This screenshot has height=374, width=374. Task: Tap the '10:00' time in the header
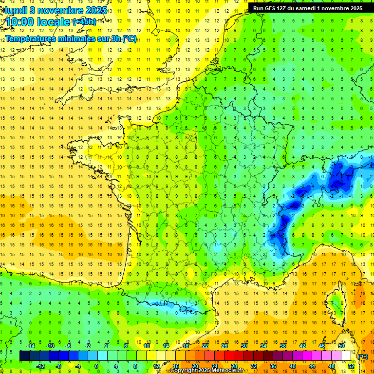coord(21,22)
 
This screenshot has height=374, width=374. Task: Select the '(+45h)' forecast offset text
coord(84,21)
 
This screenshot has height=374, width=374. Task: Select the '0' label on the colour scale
coord(96,366)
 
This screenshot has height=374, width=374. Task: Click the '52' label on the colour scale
coord(351,366)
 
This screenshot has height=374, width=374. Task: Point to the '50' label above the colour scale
coord(341,346)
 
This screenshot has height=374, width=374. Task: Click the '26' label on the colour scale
coord(224,346)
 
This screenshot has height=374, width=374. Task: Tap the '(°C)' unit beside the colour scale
coord(363,356)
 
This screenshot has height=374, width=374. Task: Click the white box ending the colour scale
coord(346,356)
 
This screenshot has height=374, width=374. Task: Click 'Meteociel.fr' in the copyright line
coord(229,371)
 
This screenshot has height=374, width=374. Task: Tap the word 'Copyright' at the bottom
coord(185,371)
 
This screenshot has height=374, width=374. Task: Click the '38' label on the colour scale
coord(282,346)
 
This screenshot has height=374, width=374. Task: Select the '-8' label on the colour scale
coord(58,366)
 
